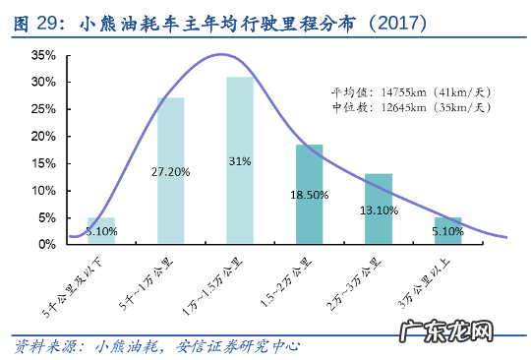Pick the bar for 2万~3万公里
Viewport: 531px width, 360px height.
click(x=379, y=220)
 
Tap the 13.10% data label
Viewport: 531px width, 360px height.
click(x=379, y=210)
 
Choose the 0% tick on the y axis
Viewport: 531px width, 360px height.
click(x=45, y=244)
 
